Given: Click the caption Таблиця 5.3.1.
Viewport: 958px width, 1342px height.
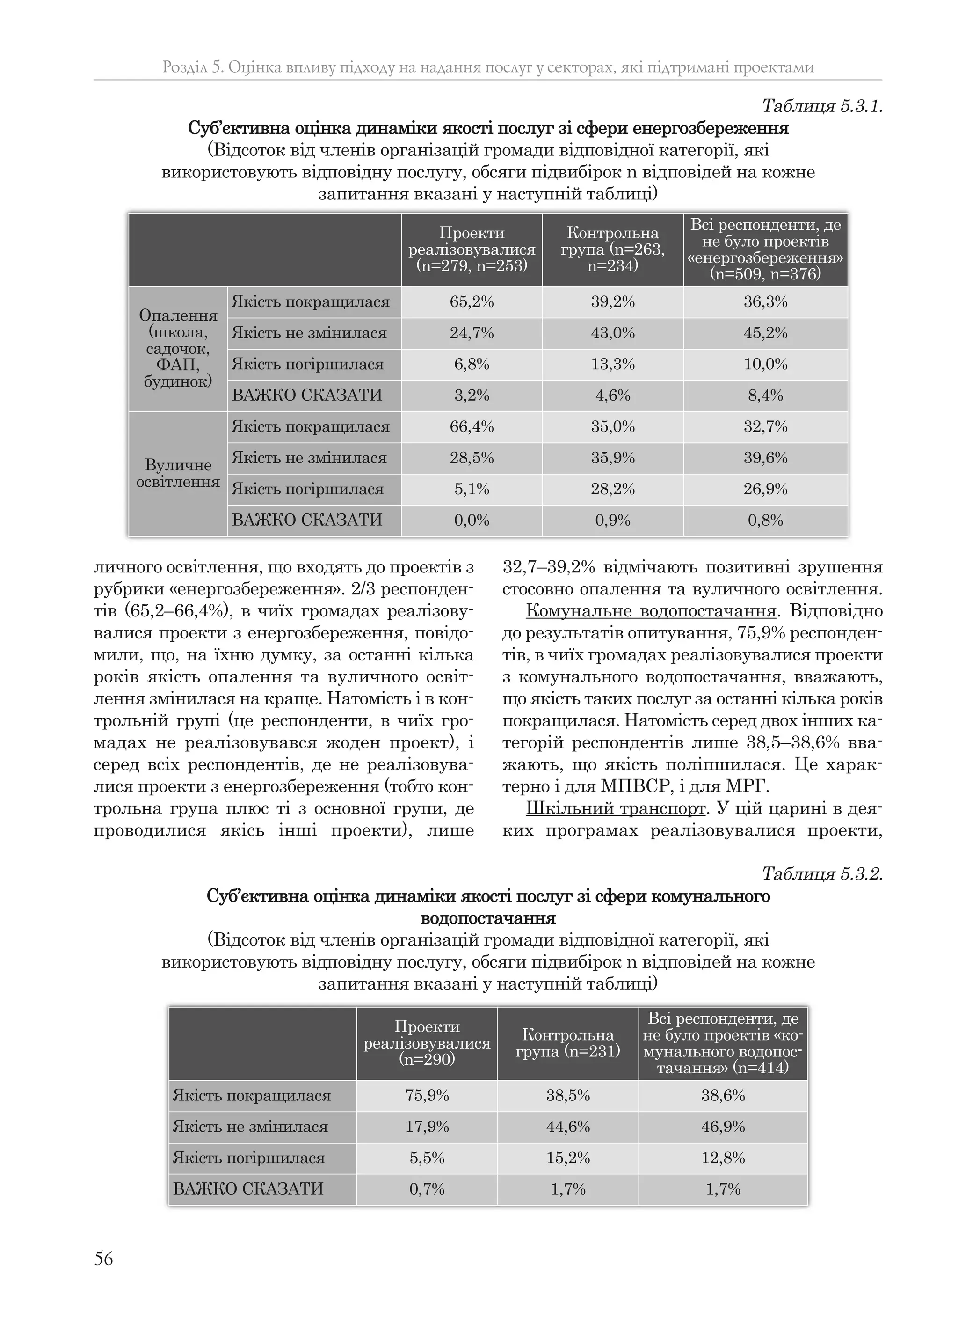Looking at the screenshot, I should pyautogui.click(x=822, y=106).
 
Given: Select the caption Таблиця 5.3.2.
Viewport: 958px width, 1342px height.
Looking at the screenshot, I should pyautogui.click(x=822, y=873).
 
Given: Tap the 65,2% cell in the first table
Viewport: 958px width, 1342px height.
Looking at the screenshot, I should pyautogui.click(x=472, y=302).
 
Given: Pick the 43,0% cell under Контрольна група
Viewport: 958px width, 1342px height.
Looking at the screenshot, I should pyautogui.click(x=612, y=333).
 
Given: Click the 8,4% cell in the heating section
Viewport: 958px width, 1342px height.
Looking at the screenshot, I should pyautogui.click(x=765, y=396).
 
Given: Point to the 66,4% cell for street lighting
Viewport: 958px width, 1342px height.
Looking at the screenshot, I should pyautogui.click(x=472, y=427).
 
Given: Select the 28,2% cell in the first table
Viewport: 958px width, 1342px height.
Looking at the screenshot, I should pyautogui.click(x=612, y=489).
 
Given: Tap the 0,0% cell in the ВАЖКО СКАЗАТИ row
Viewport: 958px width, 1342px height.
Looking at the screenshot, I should pyautogui.click(x=472, y=521).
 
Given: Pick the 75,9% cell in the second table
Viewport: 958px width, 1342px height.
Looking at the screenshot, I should pyautogui.click(x=427, y=1096).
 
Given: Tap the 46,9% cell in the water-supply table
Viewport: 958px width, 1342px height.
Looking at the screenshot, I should pyautogui.click(x=723, y=1127).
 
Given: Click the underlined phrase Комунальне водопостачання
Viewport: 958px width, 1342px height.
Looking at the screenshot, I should pyautogui.click(x=650, y=611).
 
